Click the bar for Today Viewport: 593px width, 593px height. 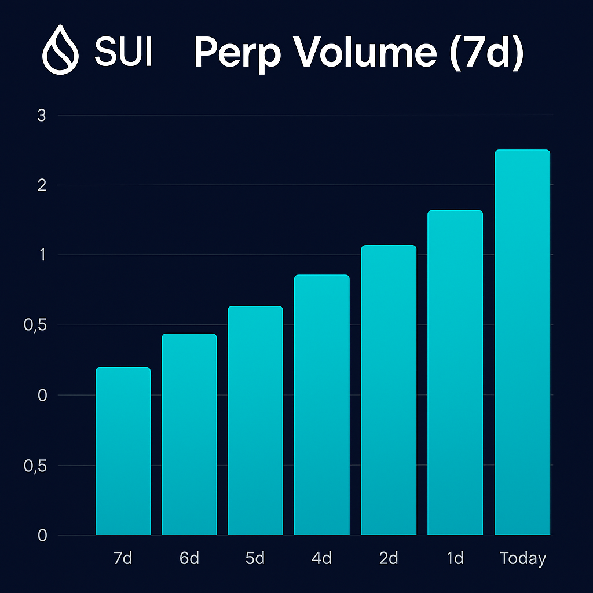tap(522, 342)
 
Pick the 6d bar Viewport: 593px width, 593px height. tap(189, 434)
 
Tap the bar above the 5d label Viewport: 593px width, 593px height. tap(255, 420)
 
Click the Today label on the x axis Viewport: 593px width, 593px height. tap(523, 558)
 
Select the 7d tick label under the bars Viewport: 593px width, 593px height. tap(123, 558)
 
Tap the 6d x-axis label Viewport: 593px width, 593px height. tap(189, 558)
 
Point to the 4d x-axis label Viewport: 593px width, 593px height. tap(321, 558)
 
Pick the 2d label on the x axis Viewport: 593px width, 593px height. tap(389, 558)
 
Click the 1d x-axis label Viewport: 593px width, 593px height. tap(455, 558)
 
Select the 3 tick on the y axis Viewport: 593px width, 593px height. tap(41, 115)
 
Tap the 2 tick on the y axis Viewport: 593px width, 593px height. tap(41, 185)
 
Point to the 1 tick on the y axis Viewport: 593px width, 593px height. tap(42, 255)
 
